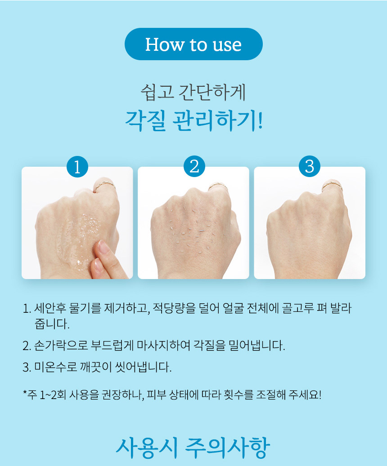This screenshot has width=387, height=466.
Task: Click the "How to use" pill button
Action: [193, 44]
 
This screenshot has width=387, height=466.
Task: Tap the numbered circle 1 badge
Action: [77, 166]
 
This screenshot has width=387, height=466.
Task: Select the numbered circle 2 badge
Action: [194, 166]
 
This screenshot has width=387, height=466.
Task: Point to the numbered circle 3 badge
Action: [310, 166]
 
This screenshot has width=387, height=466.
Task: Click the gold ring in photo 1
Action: [104, 184]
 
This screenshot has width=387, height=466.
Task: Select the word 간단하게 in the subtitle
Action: [212, 92]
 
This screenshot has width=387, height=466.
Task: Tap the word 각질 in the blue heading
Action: [145, 121]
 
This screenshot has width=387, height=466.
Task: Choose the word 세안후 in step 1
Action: [49, 308]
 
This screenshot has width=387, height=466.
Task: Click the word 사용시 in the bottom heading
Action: [146, 448]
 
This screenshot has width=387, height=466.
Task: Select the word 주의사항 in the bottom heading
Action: [228, 448]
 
